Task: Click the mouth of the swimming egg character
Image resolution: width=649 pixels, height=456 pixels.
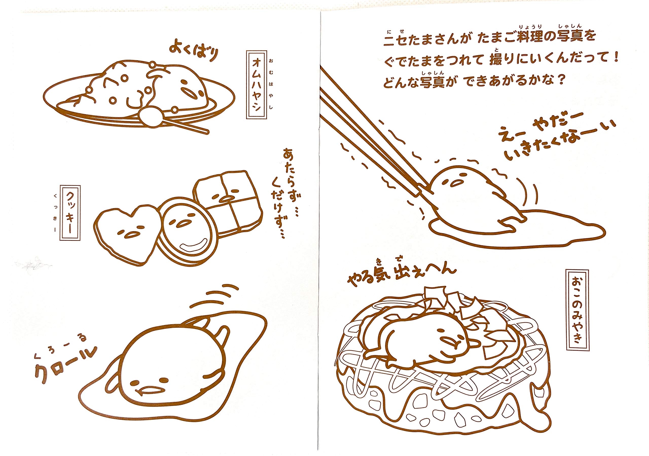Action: tap(149, 391)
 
